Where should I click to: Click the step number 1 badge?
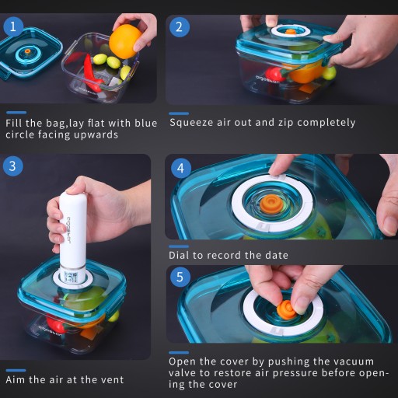pos(13,26)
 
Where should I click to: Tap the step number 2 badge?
pos(180,27)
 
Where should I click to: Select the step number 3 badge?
pos(12,166)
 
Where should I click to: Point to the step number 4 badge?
pos(181,169)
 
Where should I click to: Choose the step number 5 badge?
pos(180,277)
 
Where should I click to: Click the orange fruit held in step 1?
pos(124,42)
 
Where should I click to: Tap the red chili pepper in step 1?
pos(92,72)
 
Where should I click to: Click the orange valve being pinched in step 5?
pos(286,309)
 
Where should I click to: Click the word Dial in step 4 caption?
pos(179,255)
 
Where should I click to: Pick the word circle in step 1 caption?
pos(19,134)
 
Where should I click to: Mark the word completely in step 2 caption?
pos(326,123)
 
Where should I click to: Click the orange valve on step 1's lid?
pos(27,51)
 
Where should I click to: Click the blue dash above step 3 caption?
pos(16,370)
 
